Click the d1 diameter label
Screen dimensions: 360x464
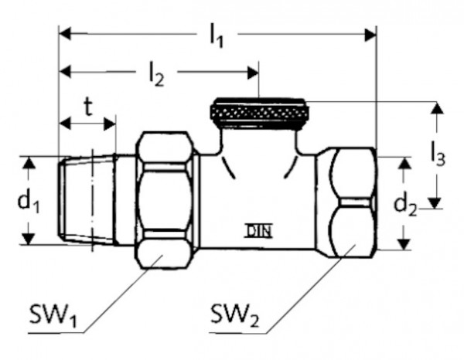click(29, 202)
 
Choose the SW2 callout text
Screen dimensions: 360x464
click(234, 316)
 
